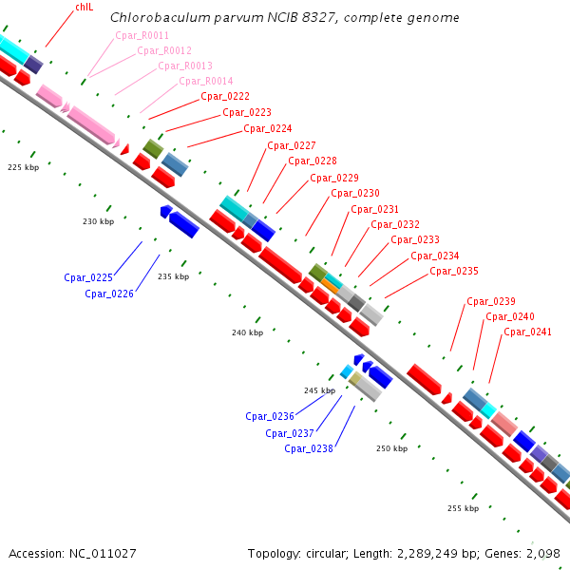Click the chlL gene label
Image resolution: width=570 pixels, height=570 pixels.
tap(85, 8)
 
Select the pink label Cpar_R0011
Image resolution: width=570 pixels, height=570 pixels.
tap(142, 35)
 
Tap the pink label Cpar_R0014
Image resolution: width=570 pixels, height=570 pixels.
tap(206, 82)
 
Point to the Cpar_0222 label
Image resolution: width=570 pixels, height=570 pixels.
tap(225, 97)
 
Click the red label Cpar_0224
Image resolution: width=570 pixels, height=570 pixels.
tap(268, 129)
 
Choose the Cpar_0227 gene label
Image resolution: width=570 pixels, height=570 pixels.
tap(291, 145)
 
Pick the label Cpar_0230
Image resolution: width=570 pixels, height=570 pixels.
tap(355, 194)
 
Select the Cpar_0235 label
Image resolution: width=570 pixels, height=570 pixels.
tap(454, 272)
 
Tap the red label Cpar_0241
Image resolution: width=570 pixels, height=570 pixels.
tap(527, 332)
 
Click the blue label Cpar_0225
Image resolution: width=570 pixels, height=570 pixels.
tap(88, 278)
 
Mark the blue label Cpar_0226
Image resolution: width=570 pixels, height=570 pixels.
tap(109, 294)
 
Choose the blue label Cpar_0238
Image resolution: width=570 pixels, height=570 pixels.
tap(309, 449)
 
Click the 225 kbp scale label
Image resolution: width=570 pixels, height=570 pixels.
tap(23, 167)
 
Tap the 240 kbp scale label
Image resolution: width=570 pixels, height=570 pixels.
tap(247, 333)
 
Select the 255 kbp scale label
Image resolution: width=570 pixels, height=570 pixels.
tap(463, 509)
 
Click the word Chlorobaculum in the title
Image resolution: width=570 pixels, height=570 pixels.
tap(153, 18)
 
